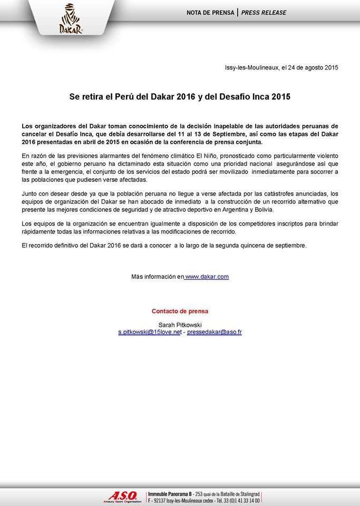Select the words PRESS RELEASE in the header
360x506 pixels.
[x=264, y=13]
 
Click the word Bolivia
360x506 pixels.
[x=260, y=209]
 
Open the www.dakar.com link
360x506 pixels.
[x=207, y=277]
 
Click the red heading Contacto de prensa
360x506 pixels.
[x=180, y=311]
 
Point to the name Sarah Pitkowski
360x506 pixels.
[x=180, y=325]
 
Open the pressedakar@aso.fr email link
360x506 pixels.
[x=214, y=333]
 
